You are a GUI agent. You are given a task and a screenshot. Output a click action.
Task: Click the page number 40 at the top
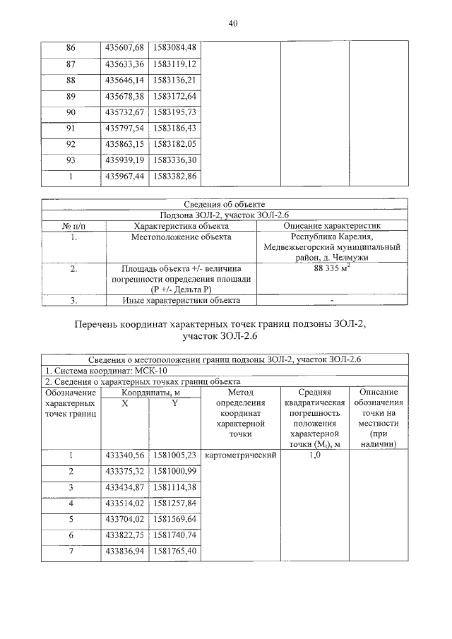(233, 23)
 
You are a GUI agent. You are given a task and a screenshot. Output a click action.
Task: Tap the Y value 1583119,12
(174, 64)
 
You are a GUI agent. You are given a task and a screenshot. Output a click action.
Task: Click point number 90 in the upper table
(71, 112)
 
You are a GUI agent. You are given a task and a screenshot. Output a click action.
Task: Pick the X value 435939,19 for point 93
(124, 161)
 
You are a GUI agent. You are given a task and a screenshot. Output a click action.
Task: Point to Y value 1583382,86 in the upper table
(174, 177)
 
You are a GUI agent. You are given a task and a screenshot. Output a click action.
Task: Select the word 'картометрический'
(239, 455)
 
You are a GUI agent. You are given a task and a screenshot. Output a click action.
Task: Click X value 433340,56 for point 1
(124, 455)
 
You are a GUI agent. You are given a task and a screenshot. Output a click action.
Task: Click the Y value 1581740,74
(174, 535)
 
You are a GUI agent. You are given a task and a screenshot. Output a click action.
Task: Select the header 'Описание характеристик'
(331, 226)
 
